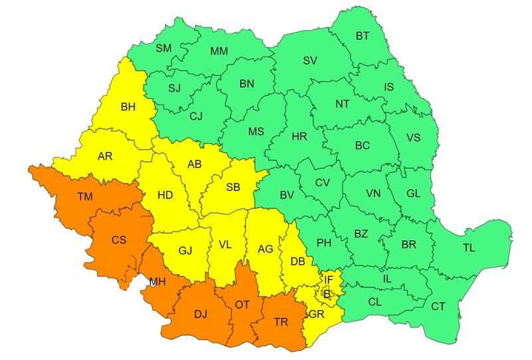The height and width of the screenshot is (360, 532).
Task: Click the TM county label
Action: tap(84, 196)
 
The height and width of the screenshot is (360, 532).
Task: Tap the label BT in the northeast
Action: tap(362, 36)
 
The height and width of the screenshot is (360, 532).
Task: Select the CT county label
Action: tap(438, 306)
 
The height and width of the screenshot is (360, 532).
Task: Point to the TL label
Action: tap(469, 248)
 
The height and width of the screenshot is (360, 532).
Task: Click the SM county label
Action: tap(163, 48)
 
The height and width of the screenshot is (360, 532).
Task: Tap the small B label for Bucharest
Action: tap(327, 293)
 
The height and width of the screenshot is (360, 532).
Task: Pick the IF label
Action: tap(329, 279)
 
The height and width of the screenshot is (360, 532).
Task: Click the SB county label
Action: tap(233, 187)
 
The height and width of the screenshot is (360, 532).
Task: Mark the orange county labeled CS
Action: tap(119, 240)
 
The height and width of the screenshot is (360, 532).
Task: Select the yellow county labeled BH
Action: tap(128, 106)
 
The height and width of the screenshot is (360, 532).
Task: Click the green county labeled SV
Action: tap(310, 61)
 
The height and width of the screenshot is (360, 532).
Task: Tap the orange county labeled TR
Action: tap(281, 321)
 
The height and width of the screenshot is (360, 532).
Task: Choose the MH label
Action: tap(157, 281)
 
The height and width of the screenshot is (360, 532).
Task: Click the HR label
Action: tap(299, 136)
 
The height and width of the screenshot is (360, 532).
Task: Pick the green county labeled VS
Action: tap(413, 138)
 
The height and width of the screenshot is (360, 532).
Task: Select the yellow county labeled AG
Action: tap(265, 249)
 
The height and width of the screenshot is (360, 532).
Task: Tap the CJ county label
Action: tap(196, 116)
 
